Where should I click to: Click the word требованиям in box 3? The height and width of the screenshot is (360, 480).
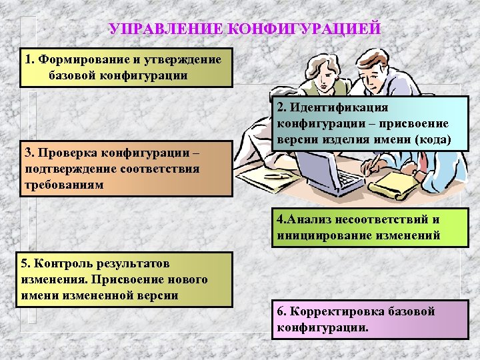[63, 184]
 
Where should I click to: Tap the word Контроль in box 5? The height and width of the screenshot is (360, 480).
[64, 265]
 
